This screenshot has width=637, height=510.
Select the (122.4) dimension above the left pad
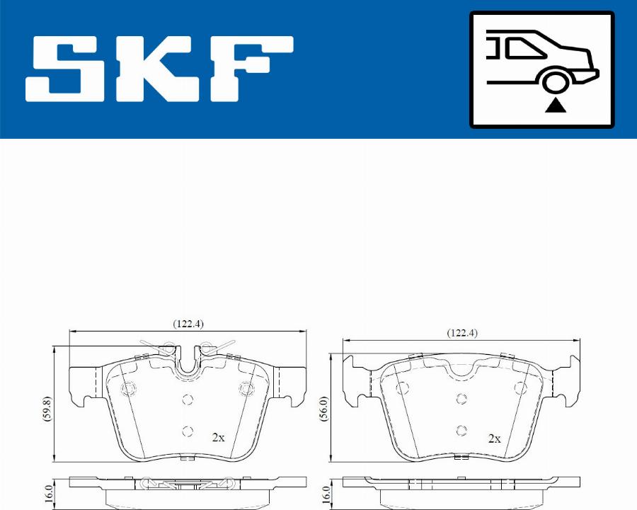tap(188, 324)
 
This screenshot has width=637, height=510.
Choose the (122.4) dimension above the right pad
tap(461, 332)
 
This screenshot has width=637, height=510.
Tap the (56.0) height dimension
tap(323, 409)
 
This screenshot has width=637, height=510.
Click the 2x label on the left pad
tap(218, 438)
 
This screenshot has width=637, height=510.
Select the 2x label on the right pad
tap(494, 438)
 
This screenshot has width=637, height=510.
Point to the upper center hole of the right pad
tap(461, 399)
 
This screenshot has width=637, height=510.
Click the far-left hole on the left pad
tap(129, 389)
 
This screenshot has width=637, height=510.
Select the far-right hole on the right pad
tap(521, 387)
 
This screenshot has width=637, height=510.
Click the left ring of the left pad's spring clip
tap(168, 347)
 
